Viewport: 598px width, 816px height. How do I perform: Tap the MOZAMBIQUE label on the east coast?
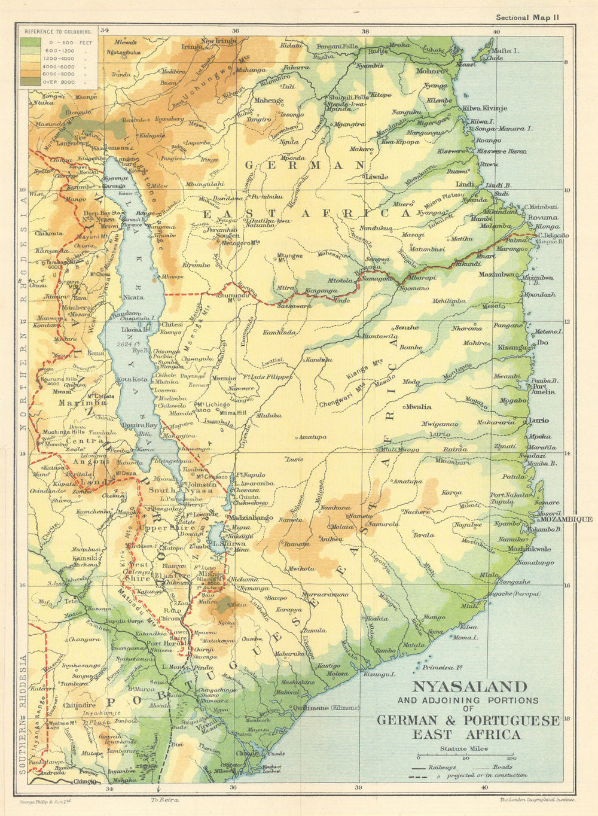[566, 519]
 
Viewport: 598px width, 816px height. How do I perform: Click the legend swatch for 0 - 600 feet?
[30, 42]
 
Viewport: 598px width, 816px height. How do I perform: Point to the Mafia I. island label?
[505, 51]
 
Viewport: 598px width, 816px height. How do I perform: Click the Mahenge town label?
[269, 101]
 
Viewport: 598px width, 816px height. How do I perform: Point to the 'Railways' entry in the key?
[443, 767]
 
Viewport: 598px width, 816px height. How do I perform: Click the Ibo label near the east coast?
[542, 343]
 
